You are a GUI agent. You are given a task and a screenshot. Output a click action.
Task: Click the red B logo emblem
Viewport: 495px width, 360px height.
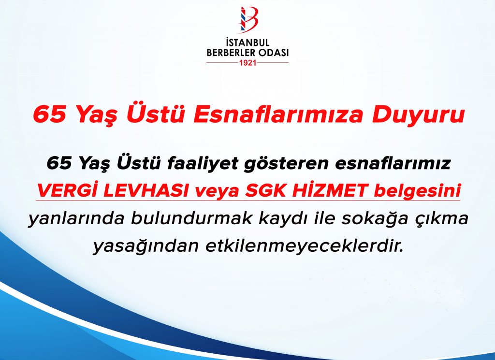(248, 19)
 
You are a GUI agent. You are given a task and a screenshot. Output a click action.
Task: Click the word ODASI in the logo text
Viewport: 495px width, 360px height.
(274, 53)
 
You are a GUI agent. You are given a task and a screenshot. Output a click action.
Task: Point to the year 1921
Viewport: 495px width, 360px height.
(248, 62)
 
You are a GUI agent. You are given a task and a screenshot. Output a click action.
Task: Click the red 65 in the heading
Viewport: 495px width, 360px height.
(50, 115)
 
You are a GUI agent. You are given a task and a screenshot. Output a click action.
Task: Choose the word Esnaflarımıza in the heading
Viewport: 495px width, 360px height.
(278, 114)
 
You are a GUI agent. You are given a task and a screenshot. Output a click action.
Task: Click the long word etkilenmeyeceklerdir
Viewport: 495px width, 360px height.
(305, 246)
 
